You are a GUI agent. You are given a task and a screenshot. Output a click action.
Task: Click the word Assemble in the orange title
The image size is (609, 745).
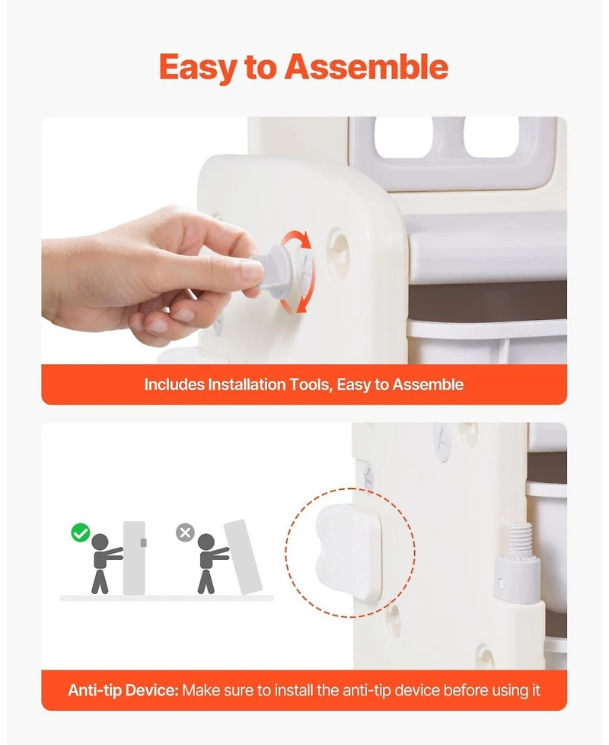(366, 66)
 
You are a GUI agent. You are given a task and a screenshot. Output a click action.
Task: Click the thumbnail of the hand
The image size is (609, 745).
(250, 272)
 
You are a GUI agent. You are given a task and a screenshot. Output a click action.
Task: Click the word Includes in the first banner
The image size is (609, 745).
(174, 385)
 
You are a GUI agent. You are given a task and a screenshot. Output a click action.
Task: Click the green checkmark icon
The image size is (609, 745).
(81, 532)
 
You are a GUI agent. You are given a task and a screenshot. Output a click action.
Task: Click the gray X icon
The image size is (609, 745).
(185, 532)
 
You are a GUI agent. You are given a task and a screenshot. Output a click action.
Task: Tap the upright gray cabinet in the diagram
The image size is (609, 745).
(134, 558)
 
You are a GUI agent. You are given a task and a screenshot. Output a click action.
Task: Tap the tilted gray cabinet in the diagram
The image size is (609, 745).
(243, 557)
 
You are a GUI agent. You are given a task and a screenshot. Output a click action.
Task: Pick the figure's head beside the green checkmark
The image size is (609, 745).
(100, 542)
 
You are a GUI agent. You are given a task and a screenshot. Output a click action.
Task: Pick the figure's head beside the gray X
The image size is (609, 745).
(206, 542)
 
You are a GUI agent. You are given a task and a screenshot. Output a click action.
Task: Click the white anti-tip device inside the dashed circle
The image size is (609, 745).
(349, 551)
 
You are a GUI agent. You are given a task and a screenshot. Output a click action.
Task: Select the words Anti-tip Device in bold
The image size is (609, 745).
(123, 690)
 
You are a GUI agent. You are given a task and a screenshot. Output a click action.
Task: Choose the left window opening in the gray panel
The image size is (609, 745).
(403, 138)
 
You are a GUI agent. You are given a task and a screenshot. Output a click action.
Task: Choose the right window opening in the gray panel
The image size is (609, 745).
(491, 138)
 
